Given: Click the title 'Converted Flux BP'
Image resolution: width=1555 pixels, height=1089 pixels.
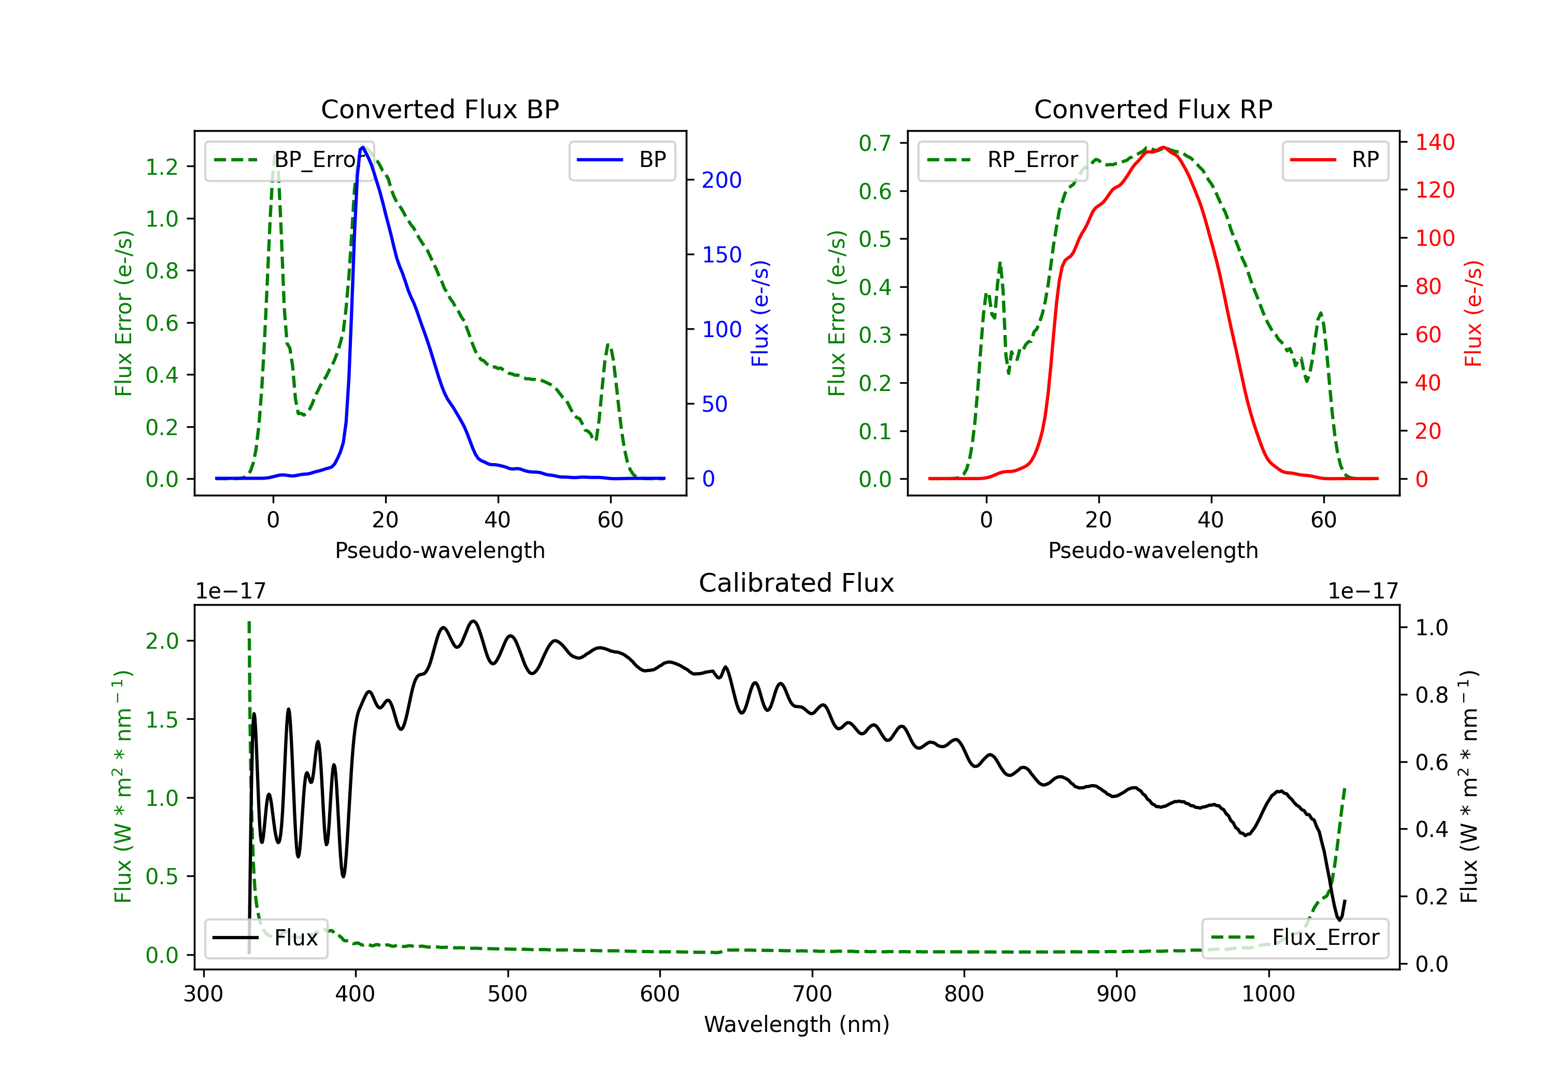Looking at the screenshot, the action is coord(440,109).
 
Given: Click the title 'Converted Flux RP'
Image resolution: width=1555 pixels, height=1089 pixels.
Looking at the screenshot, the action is coord(1153,109).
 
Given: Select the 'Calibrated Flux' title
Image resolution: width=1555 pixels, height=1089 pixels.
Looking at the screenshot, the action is coord(797,583).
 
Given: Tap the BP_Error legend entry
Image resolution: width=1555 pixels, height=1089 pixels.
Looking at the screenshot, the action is coord(290,160).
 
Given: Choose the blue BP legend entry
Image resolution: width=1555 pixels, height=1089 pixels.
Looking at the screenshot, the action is coord(621,160).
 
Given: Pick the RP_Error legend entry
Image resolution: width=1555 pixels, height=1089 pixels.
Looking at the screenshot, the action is coord(1002,160).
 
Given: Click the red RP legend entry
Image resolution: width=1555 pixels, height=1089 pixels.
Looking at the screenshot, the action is coord(1335,160).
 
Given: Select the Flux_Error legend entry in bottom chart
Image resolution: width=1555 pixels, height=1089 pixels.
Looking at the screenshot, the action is coord(1295,938).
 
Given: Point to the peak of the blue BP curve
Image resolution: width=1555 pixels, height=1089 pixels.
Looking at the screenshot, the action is coord(363,147).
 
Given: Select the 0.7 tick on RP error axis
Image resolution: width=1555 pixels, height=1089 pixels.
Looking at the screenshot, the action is coord(875,143).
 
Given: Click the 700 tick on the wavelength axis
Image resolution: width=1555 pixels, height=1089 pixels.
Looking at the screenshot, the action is coord(812,994).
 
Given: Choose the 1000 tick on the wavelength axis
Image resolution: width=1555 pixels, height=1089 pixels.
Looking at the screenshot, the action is coord(1268,994).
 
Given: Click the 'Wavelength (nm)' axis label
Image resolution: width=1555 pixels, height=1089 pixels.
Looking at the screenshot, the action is coord(797,1025).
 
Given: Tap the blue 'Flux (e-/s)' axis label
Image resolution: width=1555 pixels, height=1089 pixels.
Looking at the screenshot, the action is coord(760,313).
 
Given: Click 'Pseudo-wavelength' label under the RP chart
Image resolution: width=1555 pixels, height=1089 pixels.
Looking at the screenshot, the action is coord(1153,550).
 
